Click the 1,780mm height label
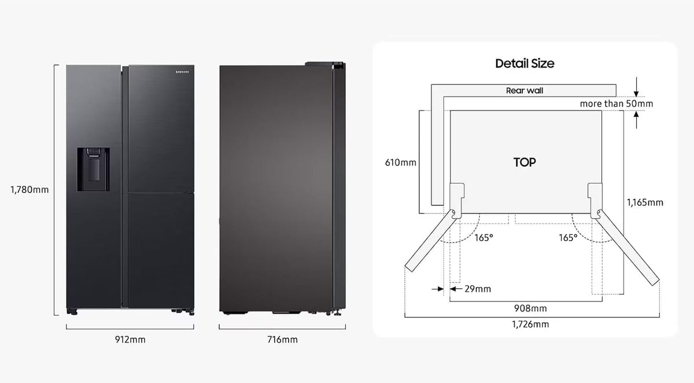coord(29,190)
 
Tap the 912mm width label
coord(130,340)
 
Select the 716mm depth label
coord(282,340)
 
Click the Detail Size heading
coord(525,64)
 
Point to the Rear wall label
coord(525,90)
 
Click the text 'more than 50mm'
coord(617,104)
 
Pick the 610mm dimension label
coord(400,163)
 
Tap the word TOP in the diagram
coord(525,162)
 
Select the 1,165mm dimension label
coord(645,202)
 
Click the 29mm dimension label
coord(478,289)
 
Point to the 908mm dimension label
coord(530,308)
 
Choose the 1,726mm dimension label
coord(530,325)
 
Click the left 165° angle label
coord(483,238)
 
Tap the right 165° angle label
coord(568,238)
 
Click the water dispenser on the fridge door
coord(93,169)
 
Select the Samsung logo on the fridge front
coord(182,72)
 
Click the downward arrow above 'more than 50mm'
coord(636,87)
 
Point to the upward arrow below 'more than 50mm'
coord(636,120)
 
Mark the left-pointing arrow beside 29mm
coord(456,289)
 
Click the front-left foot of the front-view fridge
coord(72,312)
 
